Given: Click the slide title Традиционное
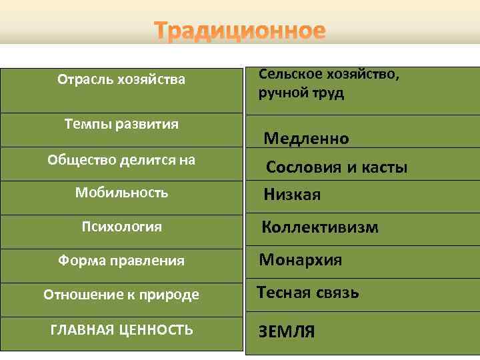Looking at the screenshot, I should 240,31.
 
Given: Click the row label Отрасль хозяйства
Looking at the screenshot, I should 121,81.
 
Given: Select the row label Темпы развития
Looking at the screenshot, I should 121,124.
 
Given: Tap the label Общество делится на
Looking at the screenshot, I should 121,159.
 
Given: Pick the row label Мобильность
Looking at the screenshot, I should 121,193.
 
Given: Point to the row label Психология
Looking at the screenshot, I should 121,227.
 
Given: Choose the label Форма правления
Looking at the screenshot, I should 121,261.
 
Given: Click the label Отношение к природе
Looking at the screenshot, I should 121,294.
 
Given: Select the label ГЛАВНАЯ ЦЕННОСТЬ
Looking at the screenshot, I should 121,329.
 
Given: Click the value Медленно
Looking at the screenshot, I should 306,139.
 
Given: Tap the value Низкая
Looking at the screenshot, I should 292,195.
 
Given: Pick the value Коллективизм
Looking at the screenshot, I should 320,227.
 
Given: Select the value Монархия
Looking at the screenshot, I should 301,260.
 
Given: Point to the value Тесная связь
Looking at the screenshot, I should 308,293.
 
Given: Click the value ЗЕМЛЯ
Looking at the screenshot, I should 287,331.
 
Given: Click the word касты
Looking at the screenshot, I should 384,167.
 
